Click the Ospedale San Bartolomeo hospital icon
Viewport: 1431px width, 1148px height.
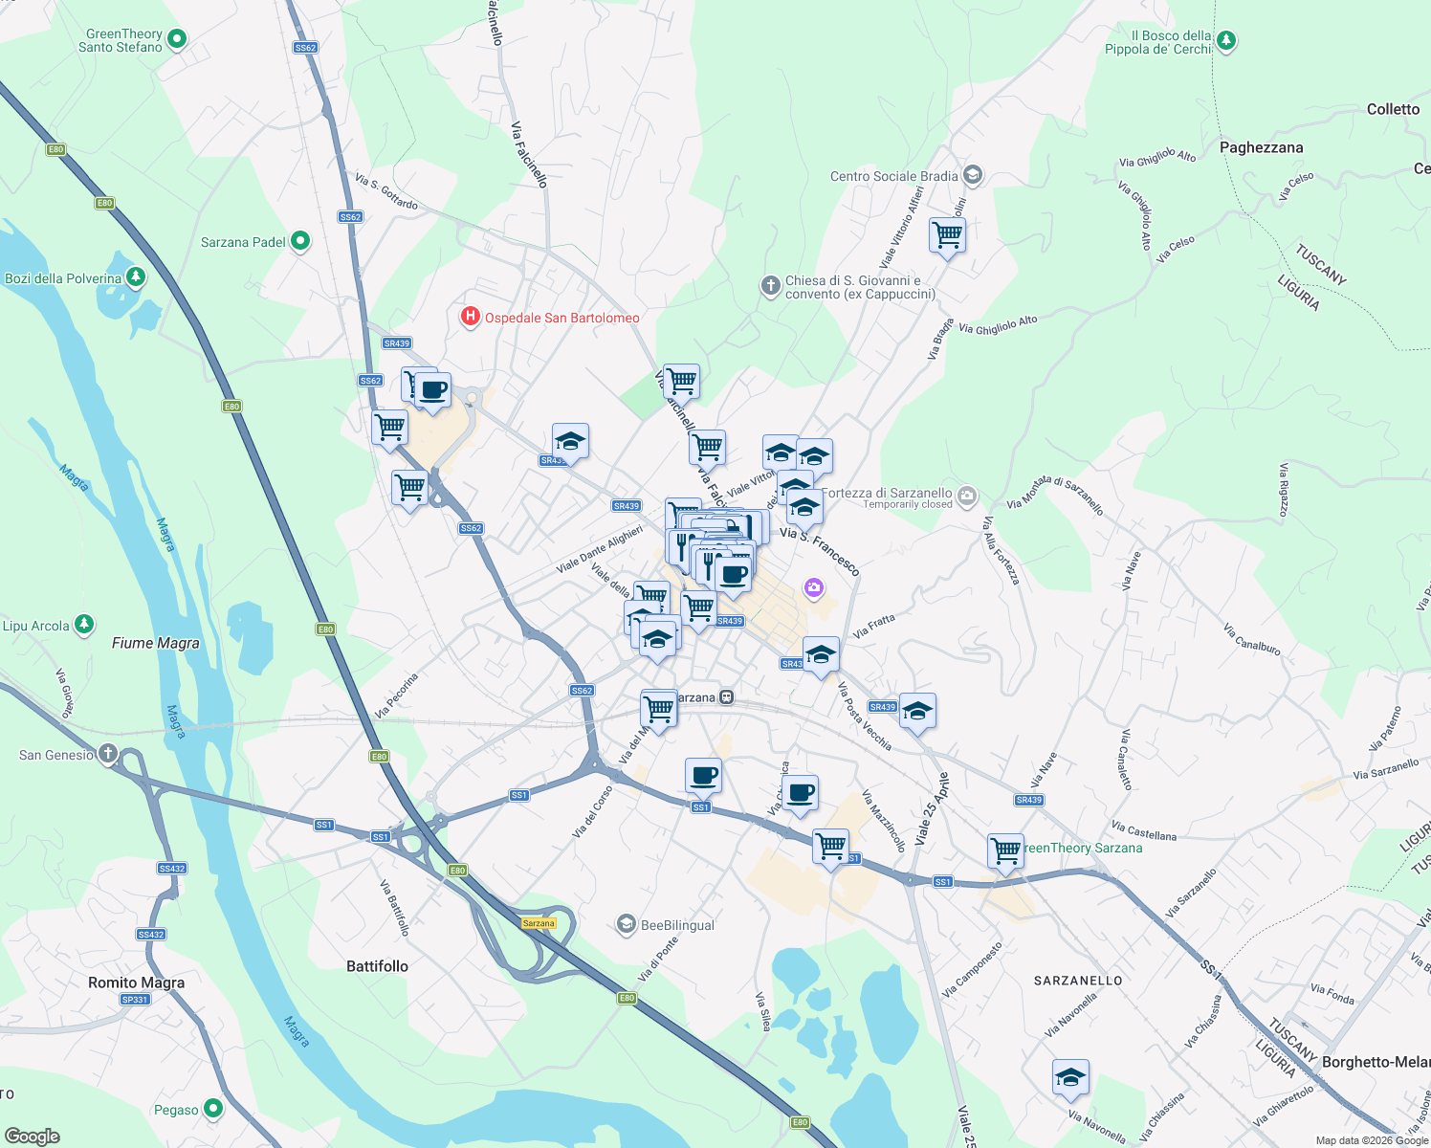point(470,317)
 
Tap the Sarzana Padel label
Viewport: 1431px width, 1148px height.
point(243,242)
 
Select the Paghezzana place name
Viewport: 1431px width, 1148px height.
point(1261,147)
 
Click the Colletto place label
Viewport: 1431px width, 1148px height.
point(1393,109)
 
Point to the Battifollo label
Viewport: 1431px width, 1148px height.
point(377,966)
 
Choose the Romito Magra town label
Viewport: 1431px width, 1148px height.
point(136,982)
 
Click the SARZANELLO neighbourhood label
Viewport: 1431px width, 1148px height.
point(1078,981)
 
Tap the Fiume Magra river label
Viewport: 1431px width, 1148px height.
point(155,643)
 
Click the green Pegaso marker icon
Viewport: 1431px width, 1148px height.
point(213,1109)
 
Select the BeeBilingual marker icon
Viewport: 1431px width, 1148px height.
point(627,924)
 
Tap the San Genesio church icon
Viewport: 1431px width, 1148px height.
point(108,754)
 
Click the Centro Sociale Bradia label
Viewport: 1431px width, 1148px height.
point(893,176)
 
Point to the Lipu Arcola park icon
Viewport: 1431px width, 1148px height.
point(84,625)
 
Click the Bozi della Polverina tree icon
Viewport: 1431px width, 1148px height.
point(136,277)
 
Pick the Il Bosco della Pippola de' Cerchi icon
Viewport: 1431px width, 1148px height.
point(1225,40)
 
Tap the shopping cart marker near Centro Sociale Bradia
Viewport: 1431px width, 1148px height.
point(947,234)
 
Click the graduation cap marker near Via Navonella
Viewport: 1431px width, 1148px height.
point(1070,1078)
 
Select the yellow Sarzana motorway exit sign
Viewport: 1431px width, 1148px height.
point(539,923)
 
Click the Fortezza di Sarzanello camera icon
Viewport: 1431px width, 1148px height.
point(967,495)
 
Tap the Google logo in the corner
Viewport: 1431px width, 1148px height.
point(33,1137)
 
